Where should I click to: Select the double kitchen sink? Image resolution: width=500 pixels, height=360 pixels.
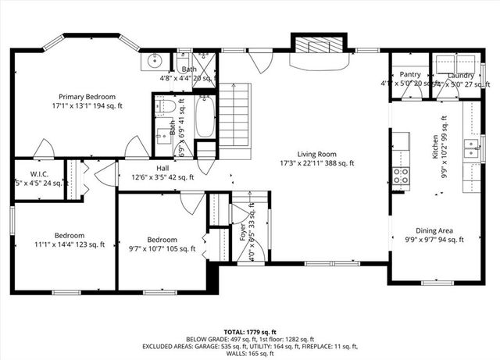tap(472, 148)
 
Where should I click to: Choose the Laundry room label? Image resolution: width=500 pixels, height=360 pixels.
tap(460, 75)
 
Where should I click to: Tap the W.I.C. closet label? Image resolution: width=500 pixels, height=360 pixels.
tap(40, 174)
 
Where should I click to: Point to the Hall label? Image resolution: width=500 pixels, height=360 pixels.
tap(162, 168)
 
